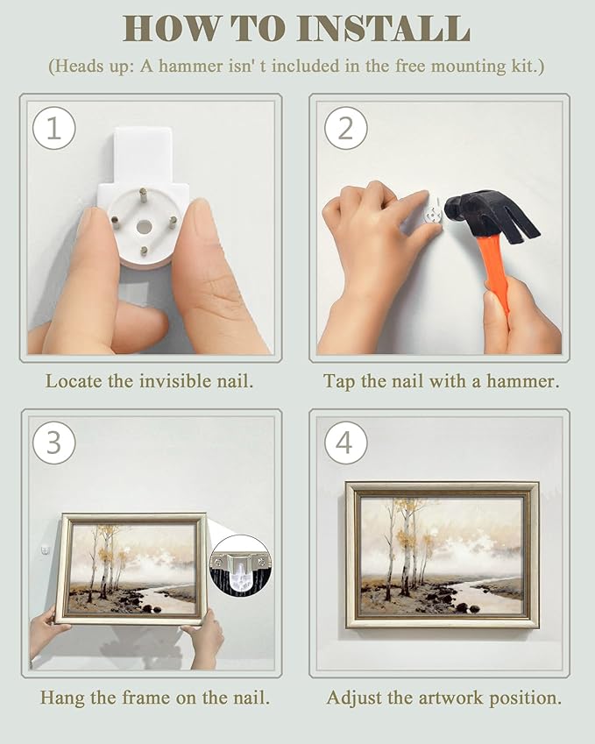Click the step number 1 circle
tap(53, 128)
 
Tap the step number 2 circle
tap(345, 128)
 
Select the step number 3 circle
tap(53, 443)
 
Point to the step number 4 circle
tap(345, 443)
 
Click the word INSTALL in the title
tap(384, 30)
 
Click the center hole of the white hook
tap(144, 226)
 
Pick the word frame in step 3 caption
tap(145, 698)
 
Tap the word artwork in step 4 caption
tap(450, 698)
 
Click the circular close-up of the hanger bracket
tap(241, 565)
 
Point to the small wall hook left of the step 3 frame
tap(45, 551)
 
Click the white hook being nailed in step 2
tap(433, 214)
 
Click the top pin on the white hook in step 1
tap(142, 193)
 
